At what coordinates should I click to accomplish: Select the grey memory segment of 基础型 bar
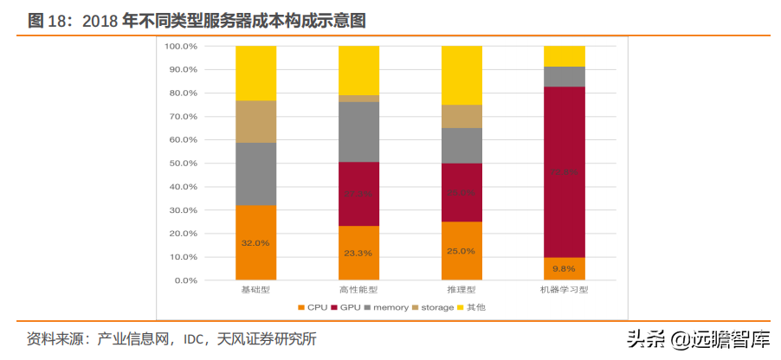coord(255,174)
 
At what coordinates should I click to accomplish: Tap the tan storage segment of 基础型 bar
coord(255,122)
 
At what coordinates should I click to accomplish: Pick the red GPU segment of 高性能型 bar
coord(358,194)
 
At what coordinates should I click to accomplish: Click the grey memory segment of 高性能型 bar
coord(358,132)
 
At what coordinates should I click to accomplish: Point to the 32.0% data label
coord(255,243)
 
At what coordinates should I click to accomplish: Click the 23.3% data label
coord(358,254)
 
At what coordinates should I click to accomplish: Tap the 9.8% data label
coord(564,268)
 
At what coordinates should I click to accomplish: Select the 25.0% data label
coord(461,251)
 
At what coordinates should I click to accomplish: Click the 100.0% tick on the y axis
coord(181,46)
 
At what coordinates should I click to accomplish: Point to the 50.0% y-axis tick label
coord(183,163)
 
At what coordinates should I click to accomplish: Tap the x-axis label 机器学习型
coord(564,290)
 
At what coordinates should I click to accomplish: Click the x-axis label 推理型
coord(461,290)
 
